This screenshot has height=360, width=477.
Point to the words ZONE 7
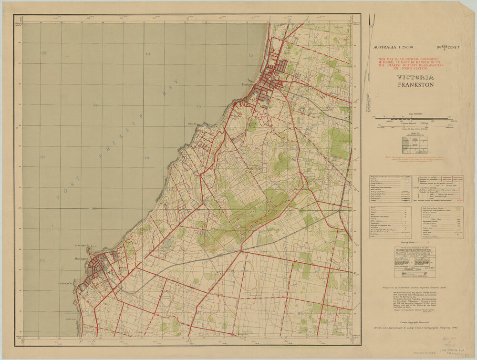454,47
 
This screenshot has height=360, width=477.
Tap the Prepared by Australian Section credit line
413,288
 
